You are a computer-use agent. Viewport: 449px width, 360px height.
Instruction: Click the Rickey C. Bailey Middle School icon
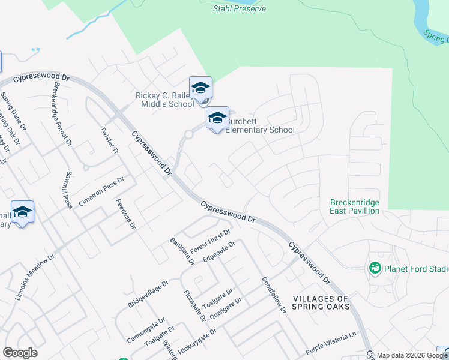(200, 88)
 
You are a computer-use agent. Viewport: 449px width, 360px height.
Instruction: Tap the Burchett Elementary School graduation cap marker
(217, 118)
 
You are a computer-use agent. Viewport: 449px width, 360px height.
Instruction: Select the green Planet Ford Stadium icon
(376, 268)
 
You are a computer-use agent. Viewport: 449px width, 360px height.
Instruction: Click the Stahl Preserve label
(240, 8)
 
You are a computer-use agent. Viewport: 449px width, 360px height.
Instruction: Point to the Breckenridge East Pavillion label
(355, 207)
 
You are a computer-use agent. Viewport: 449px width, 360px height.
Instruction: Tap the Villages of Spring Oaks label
(321, 302)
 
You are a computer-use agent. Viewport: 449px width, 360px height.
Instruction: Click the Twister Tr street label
(109, 141)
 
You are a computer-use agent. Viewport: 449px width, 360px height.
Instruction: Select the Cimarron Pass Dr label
(101, 191)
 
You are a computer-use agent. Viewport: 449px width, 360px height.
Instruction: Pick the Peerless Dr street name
(126, 214)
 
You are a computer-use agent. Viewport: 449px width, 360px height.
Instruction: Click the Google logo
(20, 353)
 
